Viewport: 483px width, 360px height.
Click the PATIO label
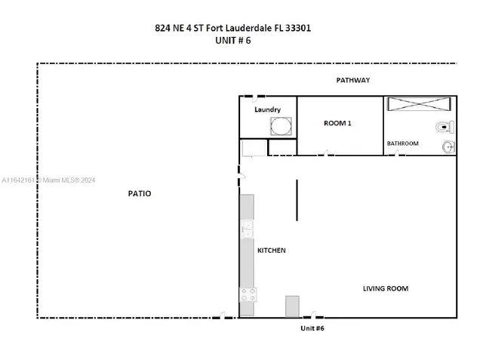pos(139,194)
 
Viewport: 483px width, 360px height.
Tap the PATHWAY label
pos(353,80)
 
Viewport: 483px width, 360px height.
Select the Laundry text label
pos(267,110)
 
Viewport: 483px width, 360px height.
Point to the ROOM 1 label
pos(337,124)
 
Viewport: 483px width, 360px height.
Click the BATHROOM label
pos(402,143)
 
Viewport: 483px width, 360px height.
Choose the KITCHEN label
pos(272,251)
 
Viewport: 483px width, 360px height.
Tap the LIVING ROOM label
pos(386,288)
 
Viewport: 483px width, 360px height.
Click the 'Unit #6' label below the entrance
pos(312,328)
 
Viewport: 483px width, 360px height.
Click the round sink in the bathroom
pos(448,146)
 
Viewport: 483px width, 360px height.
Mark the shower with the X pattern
pos(420,105)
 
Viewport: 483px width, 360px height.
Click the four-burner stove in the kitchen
pos(248,295)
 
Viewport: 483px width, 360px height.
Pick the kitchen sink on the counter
pos(247,229)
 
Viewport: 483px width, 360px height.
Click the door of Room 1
pos(324,155)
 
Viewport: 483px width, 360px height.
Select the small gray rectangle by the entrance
pos(293,306)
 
